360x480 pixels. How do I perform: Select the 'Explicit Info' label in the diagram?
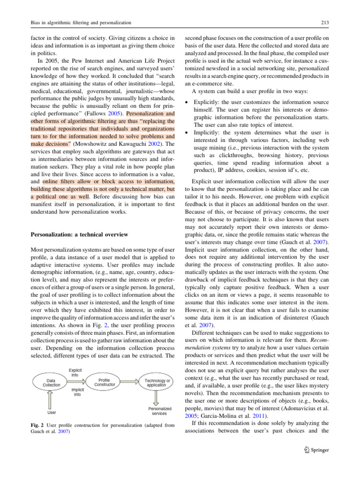[x=75, y=359]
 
